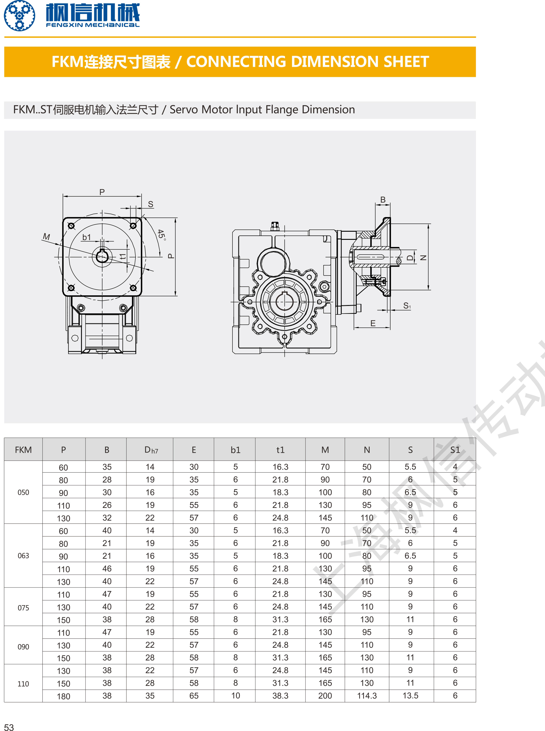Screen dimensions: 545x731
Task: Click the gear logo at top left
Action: pos(19,16)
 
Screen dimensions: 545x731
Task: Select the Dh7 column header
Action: pos(151,450)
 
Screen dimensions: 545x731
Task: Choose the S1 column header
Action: pos(455,450)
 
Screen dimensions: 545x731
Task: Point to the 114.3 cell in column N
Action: pos(367,696)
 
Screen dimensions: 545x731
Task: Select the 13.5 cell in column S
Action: pos(410,696)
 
